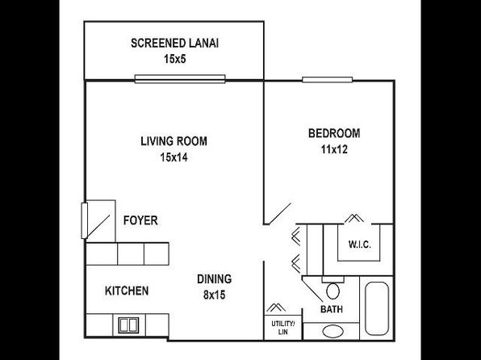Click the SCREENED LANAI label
pos(174,44)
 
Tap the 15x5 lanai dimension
pos(175,59)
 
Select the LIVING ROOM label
pos(174,141)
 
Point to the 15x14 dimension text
pos(174,157)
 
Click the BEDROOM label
pos(334,133)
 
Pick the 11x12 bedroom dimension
pos(334,149)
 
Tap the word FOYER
pos(140,220)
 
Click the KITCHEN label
pos(127,291)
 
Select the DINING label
pos(215,279)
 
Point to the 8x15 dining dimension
pos(215,295)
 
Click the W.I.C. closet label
pos(359,245)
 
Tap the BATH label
pos(332,309)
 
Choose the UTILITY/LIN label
pos(283,328)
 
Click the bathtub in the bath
pos(377,308)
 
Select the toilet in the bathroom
pos(333,287)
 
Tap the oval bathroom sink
pos(333,332)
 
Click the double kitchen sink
pos(128,325)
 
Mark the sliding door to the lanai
pos(180,79)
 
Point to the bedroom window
pos(328,80)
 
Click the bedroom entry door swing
pos(280,213)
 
